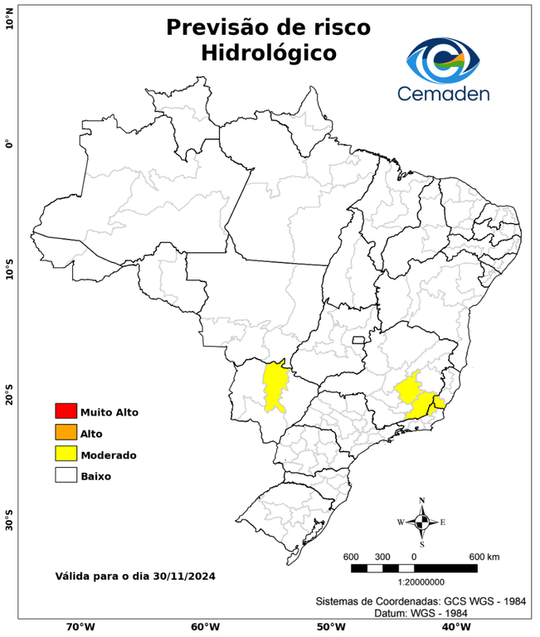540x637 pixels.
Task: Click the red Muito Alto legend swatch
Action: click(x=66, y=411)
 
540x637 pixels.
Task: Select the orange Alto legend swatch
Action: click(x=66, y=432)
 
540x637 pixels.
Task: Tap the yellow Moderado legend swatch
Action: click(x=66, y=454)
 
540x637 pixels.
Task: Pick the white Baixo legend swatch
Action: click(x=66, y=475)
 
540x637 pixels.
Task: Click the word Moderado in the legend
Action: click(x=109, y=455)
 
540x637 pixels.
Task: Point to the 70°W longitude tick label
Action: click(x=80, y=627)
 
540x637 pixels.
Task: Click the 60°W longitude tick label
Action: click(x=205, y=627)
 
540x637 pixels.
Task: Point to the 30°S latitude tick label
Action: click(x=9, y=524)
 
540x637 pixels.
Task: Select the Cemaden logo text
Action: click(x=443, y=93)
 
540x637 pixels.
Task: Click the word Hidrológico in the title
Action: click(x=268, y=53)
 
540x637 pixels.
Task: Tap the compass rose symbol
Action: click(x=421, y=522)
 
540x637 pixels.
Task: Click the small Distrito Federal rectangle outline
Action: click(x=359, y=339)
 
